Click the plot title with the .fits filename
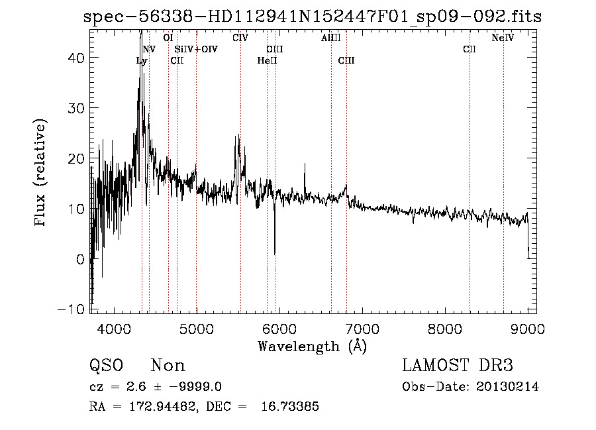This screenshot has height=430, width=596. pos(313,17)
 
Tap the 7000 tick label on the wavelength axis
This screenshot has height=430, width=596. pos(362,327)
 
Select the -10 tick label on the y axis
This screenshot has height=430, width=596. pos(74,309)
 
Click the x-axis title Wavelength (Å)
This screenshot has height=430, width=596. pos(312,346)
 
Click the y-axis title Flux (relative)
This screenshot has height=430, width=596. pos(41,174)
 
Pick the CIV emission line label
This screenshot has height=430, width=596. pos(240,38)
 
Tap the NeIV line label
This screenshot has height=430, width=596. pos(503,38)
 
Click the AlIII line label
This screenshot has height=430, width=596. pos(330,38)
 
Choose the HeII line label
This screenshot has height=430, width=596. pos(267,61)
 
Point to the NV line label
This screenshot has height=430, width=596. pos(149,49)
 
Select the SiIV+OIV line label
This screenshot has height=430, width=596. pos(195,49)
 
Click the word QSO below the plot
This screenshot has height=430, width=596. pos(105,366)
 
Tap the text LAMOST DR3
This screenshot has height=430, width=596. pos(457,366)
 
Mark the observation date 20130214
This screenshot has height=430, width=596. pos(509,387)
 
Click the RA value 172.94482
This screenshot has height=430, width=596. pos(157,407)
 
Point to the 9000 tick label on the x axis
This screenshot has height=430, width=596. pos(528,327)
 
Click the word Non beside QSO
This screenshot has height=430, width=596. pos(168,366)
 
